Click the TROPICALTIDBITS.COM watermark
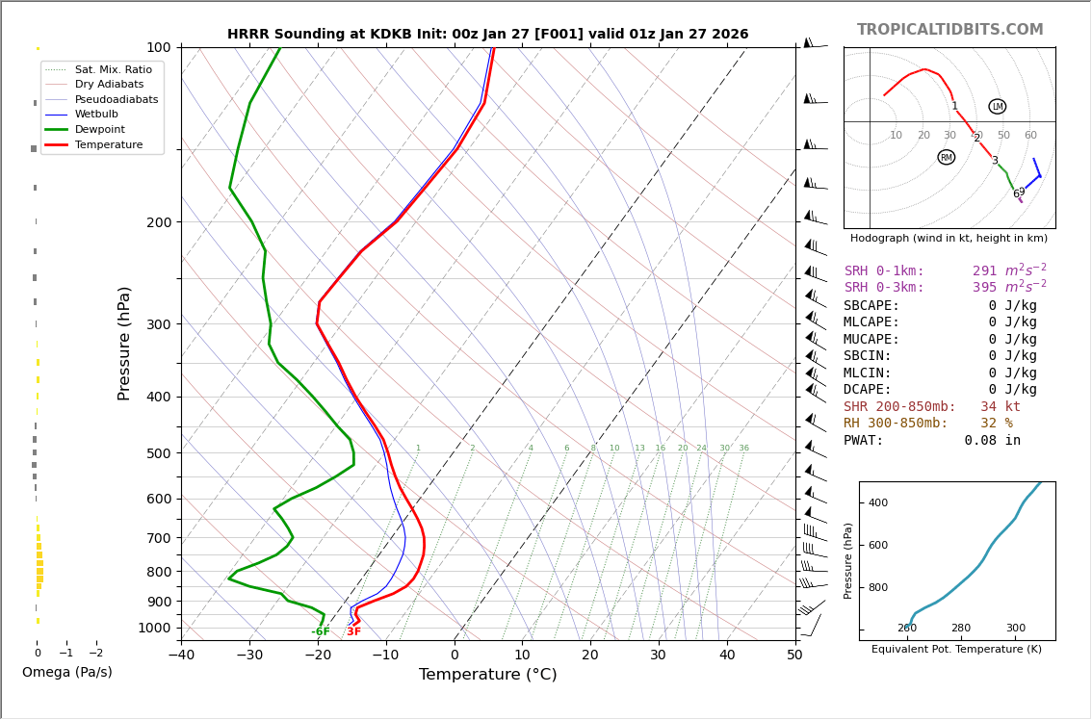[949, 30]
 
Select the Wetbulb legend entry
[96, 114]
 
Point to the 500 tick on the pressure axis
[158, 453]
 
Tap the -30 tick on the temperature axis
[249, 656]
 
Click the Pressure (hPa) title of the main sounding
[124, 343]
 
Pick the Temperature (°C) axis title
[487, 675]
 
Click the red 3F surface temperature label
[353, 631]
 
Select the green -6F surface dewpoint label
[320, 631]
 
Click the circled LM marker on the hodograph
[997, 107]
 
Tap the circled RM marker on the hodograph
[946, 157]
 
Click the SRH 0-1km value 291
[984, 271]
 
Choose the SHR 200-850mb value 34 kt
[1000, 407]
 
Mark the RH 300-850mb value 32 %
[996, 424]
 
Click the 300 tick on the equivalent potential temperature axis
[1015, 628]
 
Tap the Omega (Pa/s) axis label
[66, 672]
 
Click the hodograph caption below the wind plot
[949, 238]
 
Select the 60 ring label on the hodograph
[1030, 136]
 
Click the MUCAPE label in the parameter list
[871, 340]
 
